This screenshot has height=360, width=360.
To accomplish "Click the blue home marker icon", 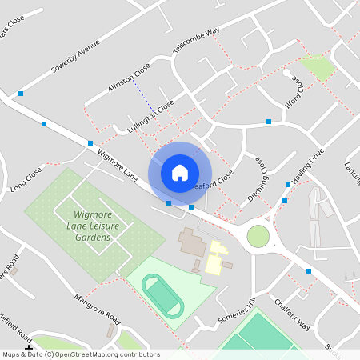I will pos(180,172).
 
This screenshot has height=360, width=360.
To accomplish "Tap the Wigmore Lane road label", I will pos(117,162).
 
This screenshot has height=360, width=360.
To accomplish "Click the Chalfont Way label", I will pos(291,312).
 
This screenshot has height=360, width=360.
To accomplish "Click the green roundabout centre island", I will pos(258,236).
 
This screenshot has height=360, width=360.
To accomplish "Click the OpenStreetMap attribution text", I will pos(80,354).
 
